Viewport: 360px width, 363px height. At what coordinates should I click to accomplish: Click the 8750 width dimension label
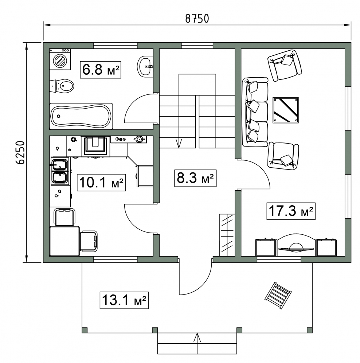pyautogui.click(x=197, y=19)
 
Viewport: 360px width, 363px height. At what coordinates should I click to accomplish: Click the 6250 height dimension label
pyautogui.click(x=21, y=152)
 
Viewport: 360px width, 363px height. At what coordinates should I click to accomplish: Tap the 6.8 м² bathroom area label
pyautogui.click(x=101, y=70)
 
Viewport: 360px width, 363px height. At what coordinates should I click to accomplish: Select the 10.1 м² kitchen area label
pyautogui.click(x=101, y=183)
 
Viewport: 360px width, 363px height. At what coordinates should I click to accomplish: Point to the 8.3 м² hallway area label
pyautogui.click(x=195, y=178)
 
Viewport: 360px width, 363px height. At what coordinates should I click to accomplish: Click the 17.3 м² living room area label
pyautogui.click(x=291, y=211)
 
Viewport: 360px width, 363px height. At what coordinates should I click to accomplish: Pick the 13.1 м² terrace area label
pyautogui.click(x=124, y=300)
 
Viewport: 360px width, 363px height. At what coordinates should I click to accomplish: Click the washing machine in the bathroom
pyautogui.click(x=60, y=59)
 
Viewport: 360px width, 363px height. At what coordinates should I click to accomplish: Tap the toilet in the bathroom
pyautogui.click(x=62, y=86)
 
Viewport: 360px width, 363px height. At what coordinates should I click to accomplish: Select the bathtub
pyautogui.click(x=81, y=116)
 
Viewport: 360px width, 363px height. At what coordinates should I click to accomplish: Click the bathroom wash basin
pyautogui.click(x=145, y=66)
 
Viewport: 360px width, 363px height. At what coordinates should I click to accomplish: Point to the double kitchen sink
pyautogui.click(x=59, y=171)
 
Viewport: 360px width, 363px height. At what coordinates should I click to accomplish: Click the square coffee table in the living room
pyautogui.click(x=285, y=110)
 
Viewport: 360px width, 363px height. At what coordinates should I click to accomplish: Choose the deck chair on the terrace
pyautogui.click(x=278, y=295)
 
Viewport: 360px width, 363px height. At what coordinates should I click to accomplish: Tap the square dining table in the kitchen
pyautogui.click(x=64, y=241)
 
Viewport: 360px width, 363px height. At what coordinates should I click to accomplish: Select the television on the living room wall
pyautogui.click(x=296, y=248)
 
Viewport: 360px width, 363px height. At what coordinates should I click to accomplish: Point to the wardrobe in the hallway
pyautogui.click(x=227, y=235)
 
